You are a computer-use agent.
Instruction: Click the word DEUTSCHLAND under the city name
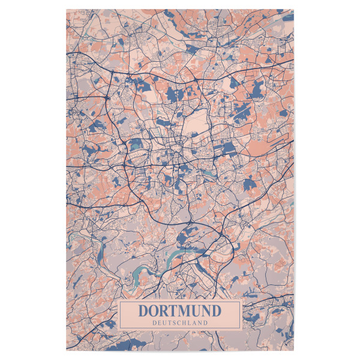click(x=180, y=323)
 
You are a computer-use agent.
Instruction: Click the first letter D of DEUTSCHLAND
click(x=154, y=323)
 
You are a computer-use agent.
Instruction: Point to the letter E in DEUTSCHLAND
click(x=159, y=323)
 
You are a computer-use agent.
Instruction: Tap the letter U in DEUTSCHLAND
click(x=164, y=323)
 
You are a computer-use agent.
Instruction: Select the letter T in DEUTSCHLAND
click(x=170, y=323)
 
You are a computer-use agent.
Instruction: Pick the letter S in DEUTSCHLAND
click(x=175, y=323)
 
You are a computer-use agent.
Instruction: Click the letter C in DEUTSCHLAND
click(x=179, y=323)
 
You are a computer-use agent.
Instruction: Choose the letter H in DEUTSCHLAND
click(x=185, y=323)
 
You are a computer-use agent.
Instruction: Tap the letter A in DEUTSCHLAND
click(x=195, y=323)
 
